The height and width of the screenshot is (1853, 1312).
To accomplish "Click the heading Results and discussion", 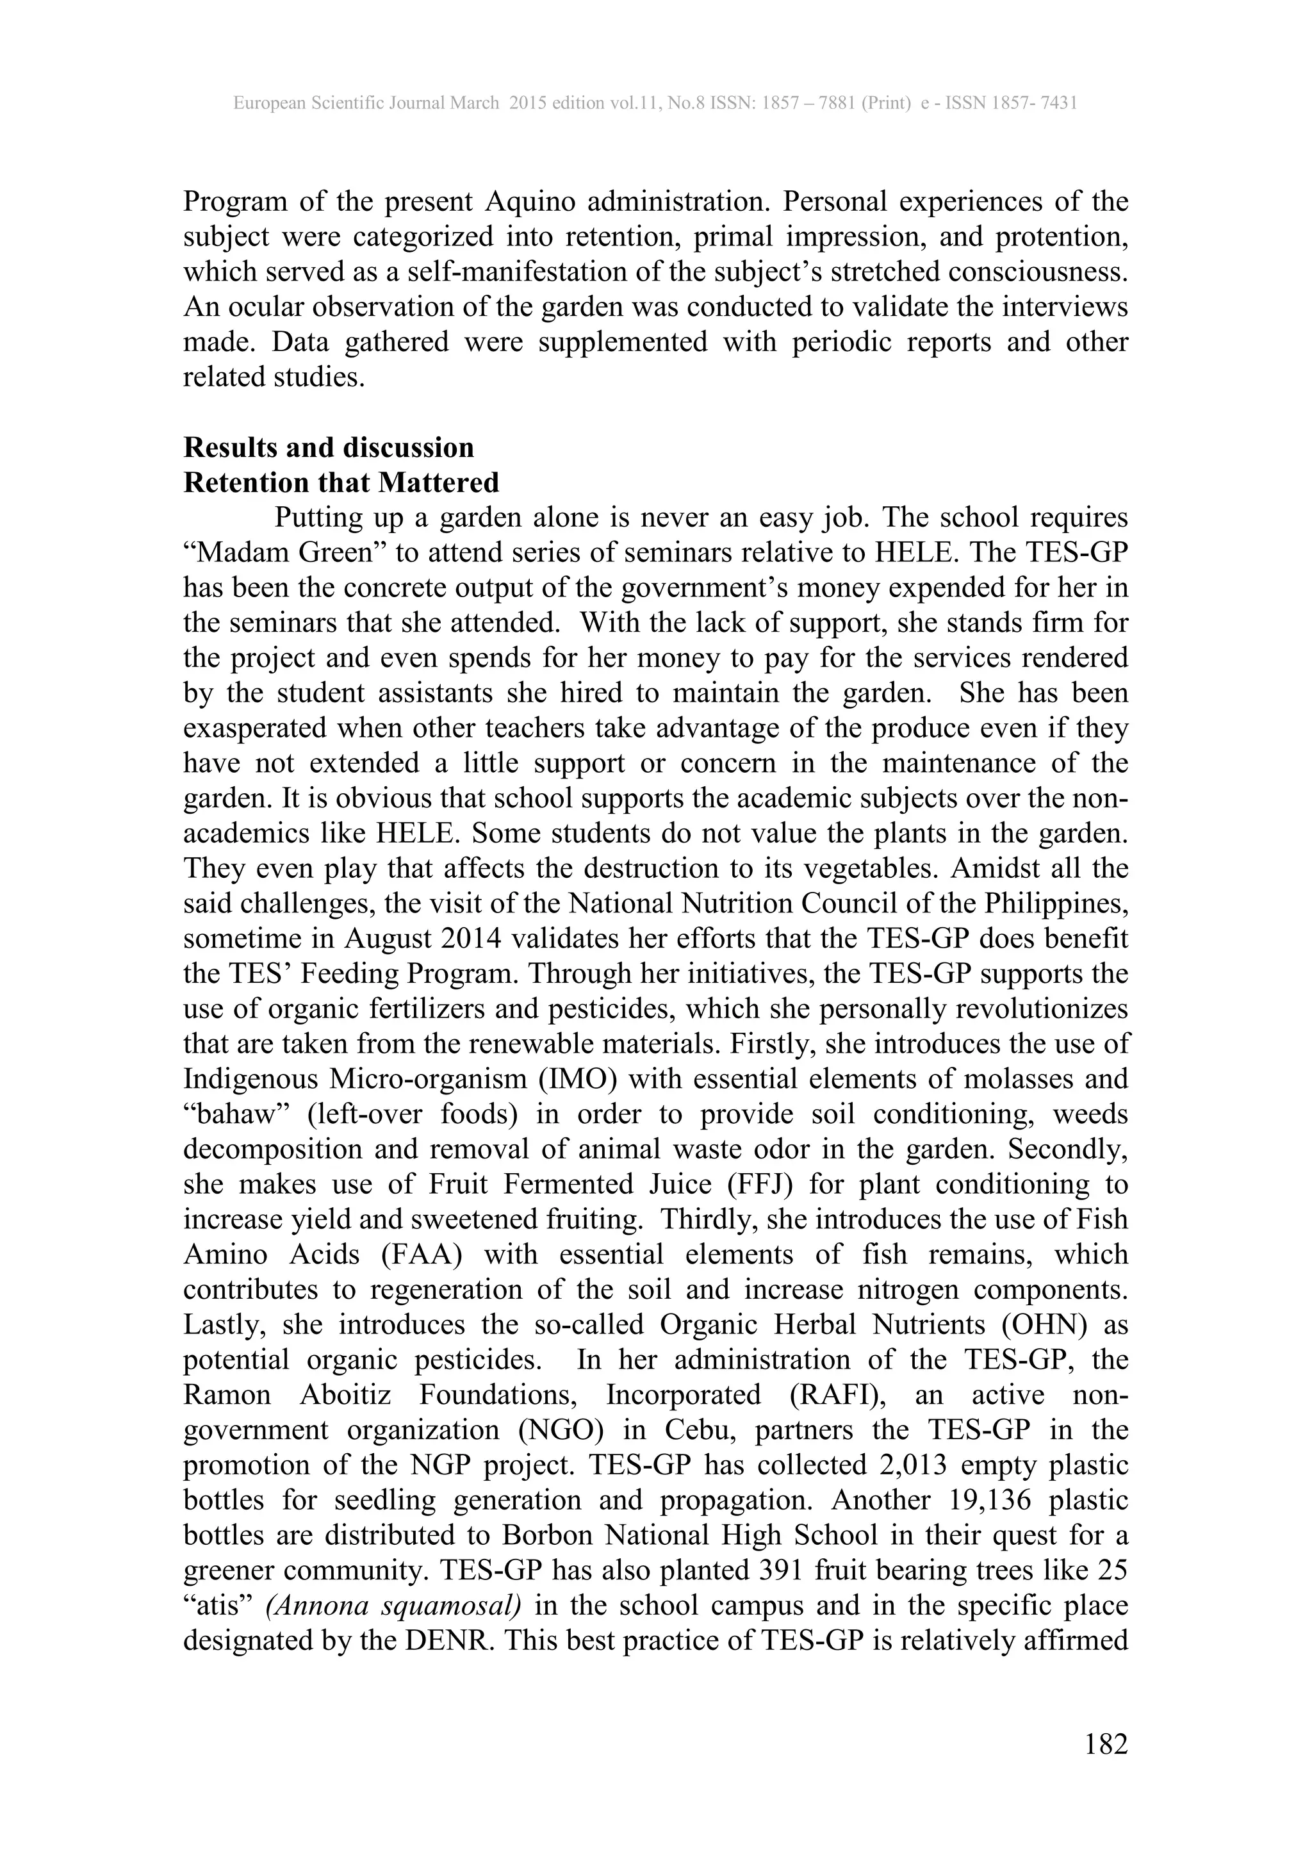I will click(329, 447).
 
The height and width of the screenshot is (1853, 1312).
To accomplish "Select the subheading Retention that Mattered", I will click(341, 482).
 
